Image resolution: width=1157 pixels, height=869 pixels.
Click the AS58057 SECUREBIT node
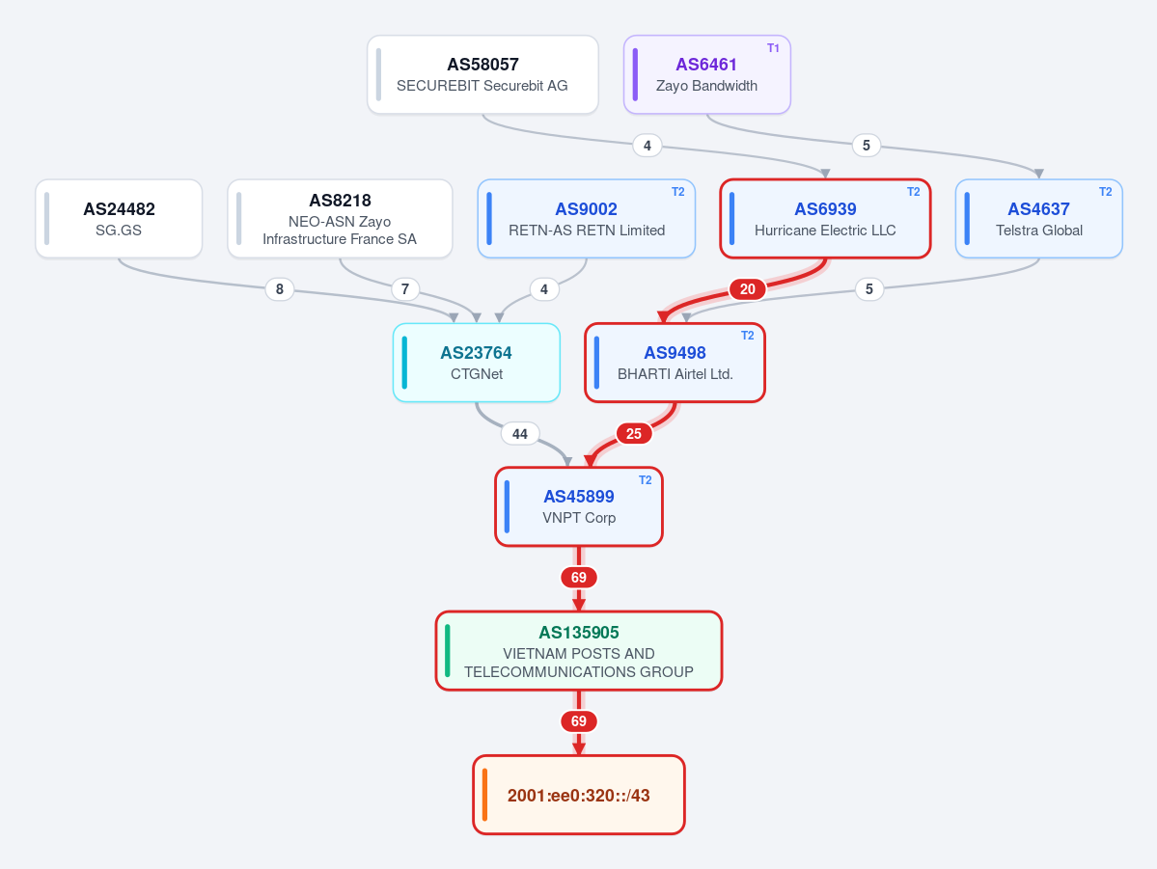click(482, 74)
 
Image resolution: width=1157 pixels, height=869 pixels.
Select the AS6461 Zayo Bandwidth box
click(707, 74)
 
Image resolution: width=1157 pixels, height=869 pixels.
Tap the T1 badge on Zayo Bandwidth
click(773, 48)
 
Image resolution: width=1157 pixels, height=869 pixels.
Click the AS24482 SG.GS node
click(119, 218)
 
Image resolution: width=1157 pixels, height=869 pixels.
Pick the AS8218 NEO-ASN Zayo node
click(340, 218)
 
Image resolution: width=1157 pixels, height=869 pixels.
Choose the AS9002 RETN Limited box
click(587, 218)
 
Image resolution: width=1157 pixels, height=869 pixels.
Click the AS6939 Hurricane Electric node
click(825, 218)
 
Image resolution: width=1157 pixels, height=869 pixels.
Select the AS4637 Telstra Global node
click(1039, 218)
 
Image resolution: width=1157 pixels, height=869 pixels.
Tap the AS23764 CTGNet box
click(477, 363)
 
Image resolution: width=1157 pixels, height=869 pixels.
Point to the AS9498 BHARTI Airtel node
click(675, 363)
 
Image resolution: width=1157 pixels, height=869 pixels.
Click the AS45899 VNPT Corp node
click(579, 506)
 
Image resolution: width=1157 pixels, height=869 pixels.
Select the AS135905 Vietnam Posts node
click(579, 651)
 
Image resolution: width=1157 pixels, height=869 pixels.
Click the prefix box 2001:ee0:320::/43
click(579, 795)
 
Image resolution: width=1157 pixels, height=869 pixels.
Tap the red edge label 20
click(748, 289)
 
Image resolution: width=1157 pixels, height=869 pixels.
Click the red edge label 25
click(634, 433)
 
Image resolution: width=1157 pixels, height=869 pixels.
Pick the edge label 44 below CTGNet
click(520, 433)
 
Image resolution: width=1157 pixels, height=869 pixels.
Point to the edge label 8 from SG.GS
click(280, 289)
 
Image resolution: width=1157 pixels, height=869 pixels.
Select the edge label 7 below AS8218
click(405, 289)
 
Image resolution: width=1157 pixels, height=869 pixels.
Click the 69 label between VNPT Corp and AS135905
click(579, 577)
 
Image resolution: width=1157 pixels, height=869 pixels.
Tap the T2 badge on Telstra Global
click(1105, 192)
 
